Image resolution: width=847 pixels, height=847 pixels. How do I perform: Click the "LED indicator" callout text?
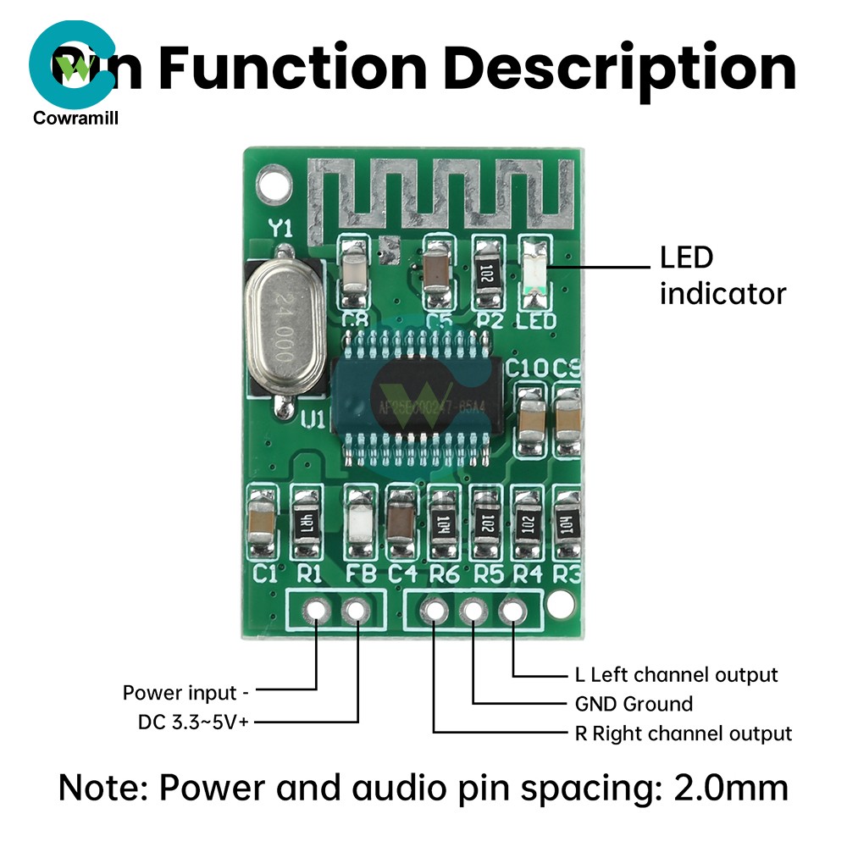pyautogui.click(x=722, y=275)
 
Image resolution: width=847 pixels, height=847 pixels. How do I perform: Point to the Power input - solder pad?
pyautogui.click(x=317, y=609)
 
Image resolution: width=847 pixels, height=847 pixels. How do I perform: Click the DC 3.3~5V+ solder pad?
pyautogui.click(x=357, y=609)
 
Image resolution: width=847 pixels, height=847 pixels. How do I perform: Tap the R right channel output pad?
pyautogui.click(x=434, y=610)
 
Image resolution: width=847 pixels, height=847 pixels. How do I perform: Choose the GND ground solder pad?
pyautogui.click(x=473, y=610)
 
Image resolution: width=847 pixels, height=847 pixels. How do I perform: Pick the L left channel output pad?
pyautogui.click(x=512, y=610)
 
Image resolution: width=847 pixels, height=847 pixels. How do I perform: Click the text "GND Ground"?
pyautogui.click(x=628, y=704)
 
